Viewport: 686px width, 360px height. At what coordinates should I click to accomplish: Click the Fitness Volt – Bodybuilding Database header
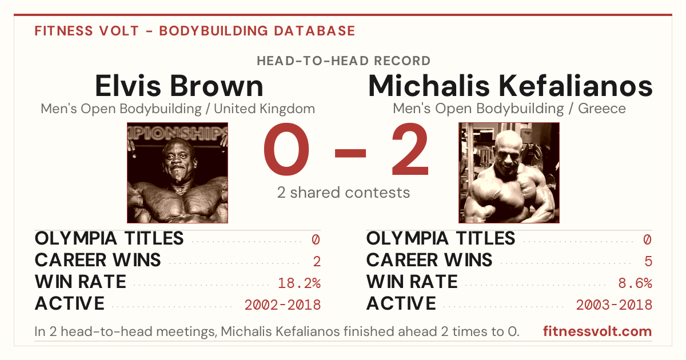click(x=195, y=31)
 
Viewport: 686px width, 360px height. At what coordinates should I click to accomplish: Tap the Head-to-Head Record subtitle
click(x=344, y=61)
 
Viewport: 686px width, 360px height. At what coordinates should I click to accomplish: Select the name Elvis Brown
click(x=179, y=86)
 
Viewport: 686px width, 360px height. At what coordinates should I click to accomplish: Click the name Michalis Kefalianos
click(x=510, y=86)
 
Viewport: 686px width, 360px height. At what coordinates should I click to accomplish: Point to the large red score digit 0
click(x=286, y=149)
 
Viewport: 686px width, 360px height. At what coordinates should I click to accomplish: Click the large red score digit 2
click(x=410, y=149)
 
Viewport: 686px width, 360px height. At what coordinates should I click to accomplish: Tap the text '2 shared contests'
click(x=344, y=193)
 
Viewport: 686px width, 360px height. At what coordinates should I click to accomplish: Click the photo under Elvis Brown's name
click(x=177, y=173)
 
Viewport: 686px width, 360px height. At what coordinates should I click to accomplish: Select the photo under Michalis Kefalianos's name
click(x=509, y=173)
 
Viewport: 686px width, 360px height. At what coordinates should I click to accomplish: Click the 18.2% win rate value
click(x=299, y=283)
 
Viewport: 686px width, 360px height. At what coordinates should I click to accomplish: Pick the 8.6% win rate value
click(x=635, y=283)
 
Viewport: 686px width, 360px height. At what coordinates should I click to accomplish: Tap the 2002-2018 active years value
click(x=282, y=305)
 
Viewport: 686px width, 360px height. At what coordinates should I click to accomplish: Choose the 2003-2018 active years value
click(x=614, y=305)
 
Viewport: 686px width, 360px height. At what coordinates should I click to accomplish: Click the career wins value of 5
click(x=648, y=262)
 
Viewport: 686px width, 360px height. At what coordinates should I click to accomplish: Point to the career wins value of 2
click(x=317, y=262)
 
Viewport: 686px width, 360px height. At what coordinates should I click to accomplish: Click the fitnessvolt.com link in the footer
click(x=597, y=331)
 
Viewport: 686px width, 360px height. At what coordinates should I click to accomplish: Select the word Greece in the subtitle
click(x=602, y=109)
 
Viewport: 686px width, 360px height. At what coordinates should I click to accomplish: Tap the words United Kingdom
click(x=264, y=109)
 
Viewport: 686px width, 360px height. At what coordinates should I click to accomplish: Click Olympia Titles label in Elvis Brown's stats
click(x=109, y=238)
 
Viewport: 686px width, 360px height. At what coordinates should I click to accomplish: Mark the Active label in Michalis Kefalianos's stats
click(x=401, y=303)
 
